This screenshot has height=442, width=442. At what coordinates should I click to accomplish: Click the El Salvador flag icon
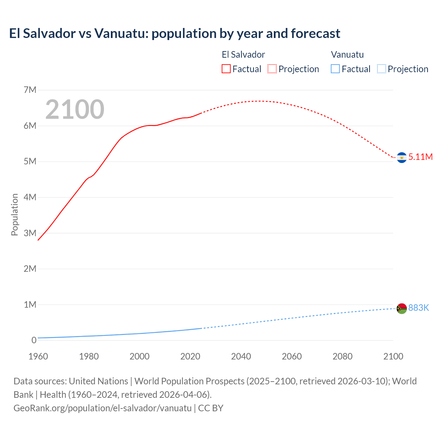(402, 157)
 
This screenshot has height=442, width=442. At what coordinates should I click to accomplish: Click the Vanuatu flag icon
(402, 308)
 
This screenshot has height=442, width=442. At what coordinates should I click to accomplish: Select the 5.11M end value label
(420, 157)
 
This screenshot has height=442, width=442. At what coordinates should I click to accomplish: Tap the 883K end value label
(419, 308)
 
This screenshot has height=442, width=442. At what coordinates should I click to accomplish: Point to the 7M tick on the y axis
(30, 90)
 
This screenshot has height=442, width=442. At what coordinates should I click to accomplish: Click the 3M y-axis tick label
(30, 233)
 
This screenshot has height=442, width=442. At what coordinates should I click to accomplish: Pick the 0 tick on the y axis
(34, 340)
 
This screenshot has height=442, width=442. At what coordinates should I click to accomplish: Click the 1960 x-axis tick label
(38, 356)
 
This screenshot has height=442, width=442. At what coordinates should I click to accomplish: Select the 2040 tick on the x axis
(241, 356)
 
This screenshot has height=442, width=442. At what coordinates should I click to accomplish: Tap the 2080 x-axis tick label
(343, 356)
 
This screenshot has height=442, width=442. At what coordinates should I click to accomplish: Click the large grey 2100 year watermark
(75, 109)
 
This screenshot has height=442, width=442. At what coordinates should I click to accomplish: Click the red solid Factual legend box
(226, 69)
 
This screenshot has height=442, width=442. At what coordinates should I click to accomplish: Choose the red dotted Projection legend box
(272, 69)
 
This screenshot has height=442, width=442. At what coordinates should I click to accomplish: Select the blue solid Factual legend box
(335, 69)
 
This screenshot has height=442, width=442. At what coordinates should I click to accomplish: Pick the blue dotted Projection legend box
(382, 69)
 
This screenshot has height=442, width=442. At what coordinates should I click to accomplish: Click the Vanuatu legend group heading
(347, 55)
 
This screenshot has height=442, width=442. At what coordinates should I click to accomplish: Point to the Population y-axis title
(15, 215)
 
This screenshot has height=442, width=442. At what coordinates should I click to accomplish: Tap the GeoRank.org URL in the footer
(102, 408)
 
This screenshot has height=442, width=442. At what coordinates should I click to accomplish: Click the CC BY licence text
(211, 408)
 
